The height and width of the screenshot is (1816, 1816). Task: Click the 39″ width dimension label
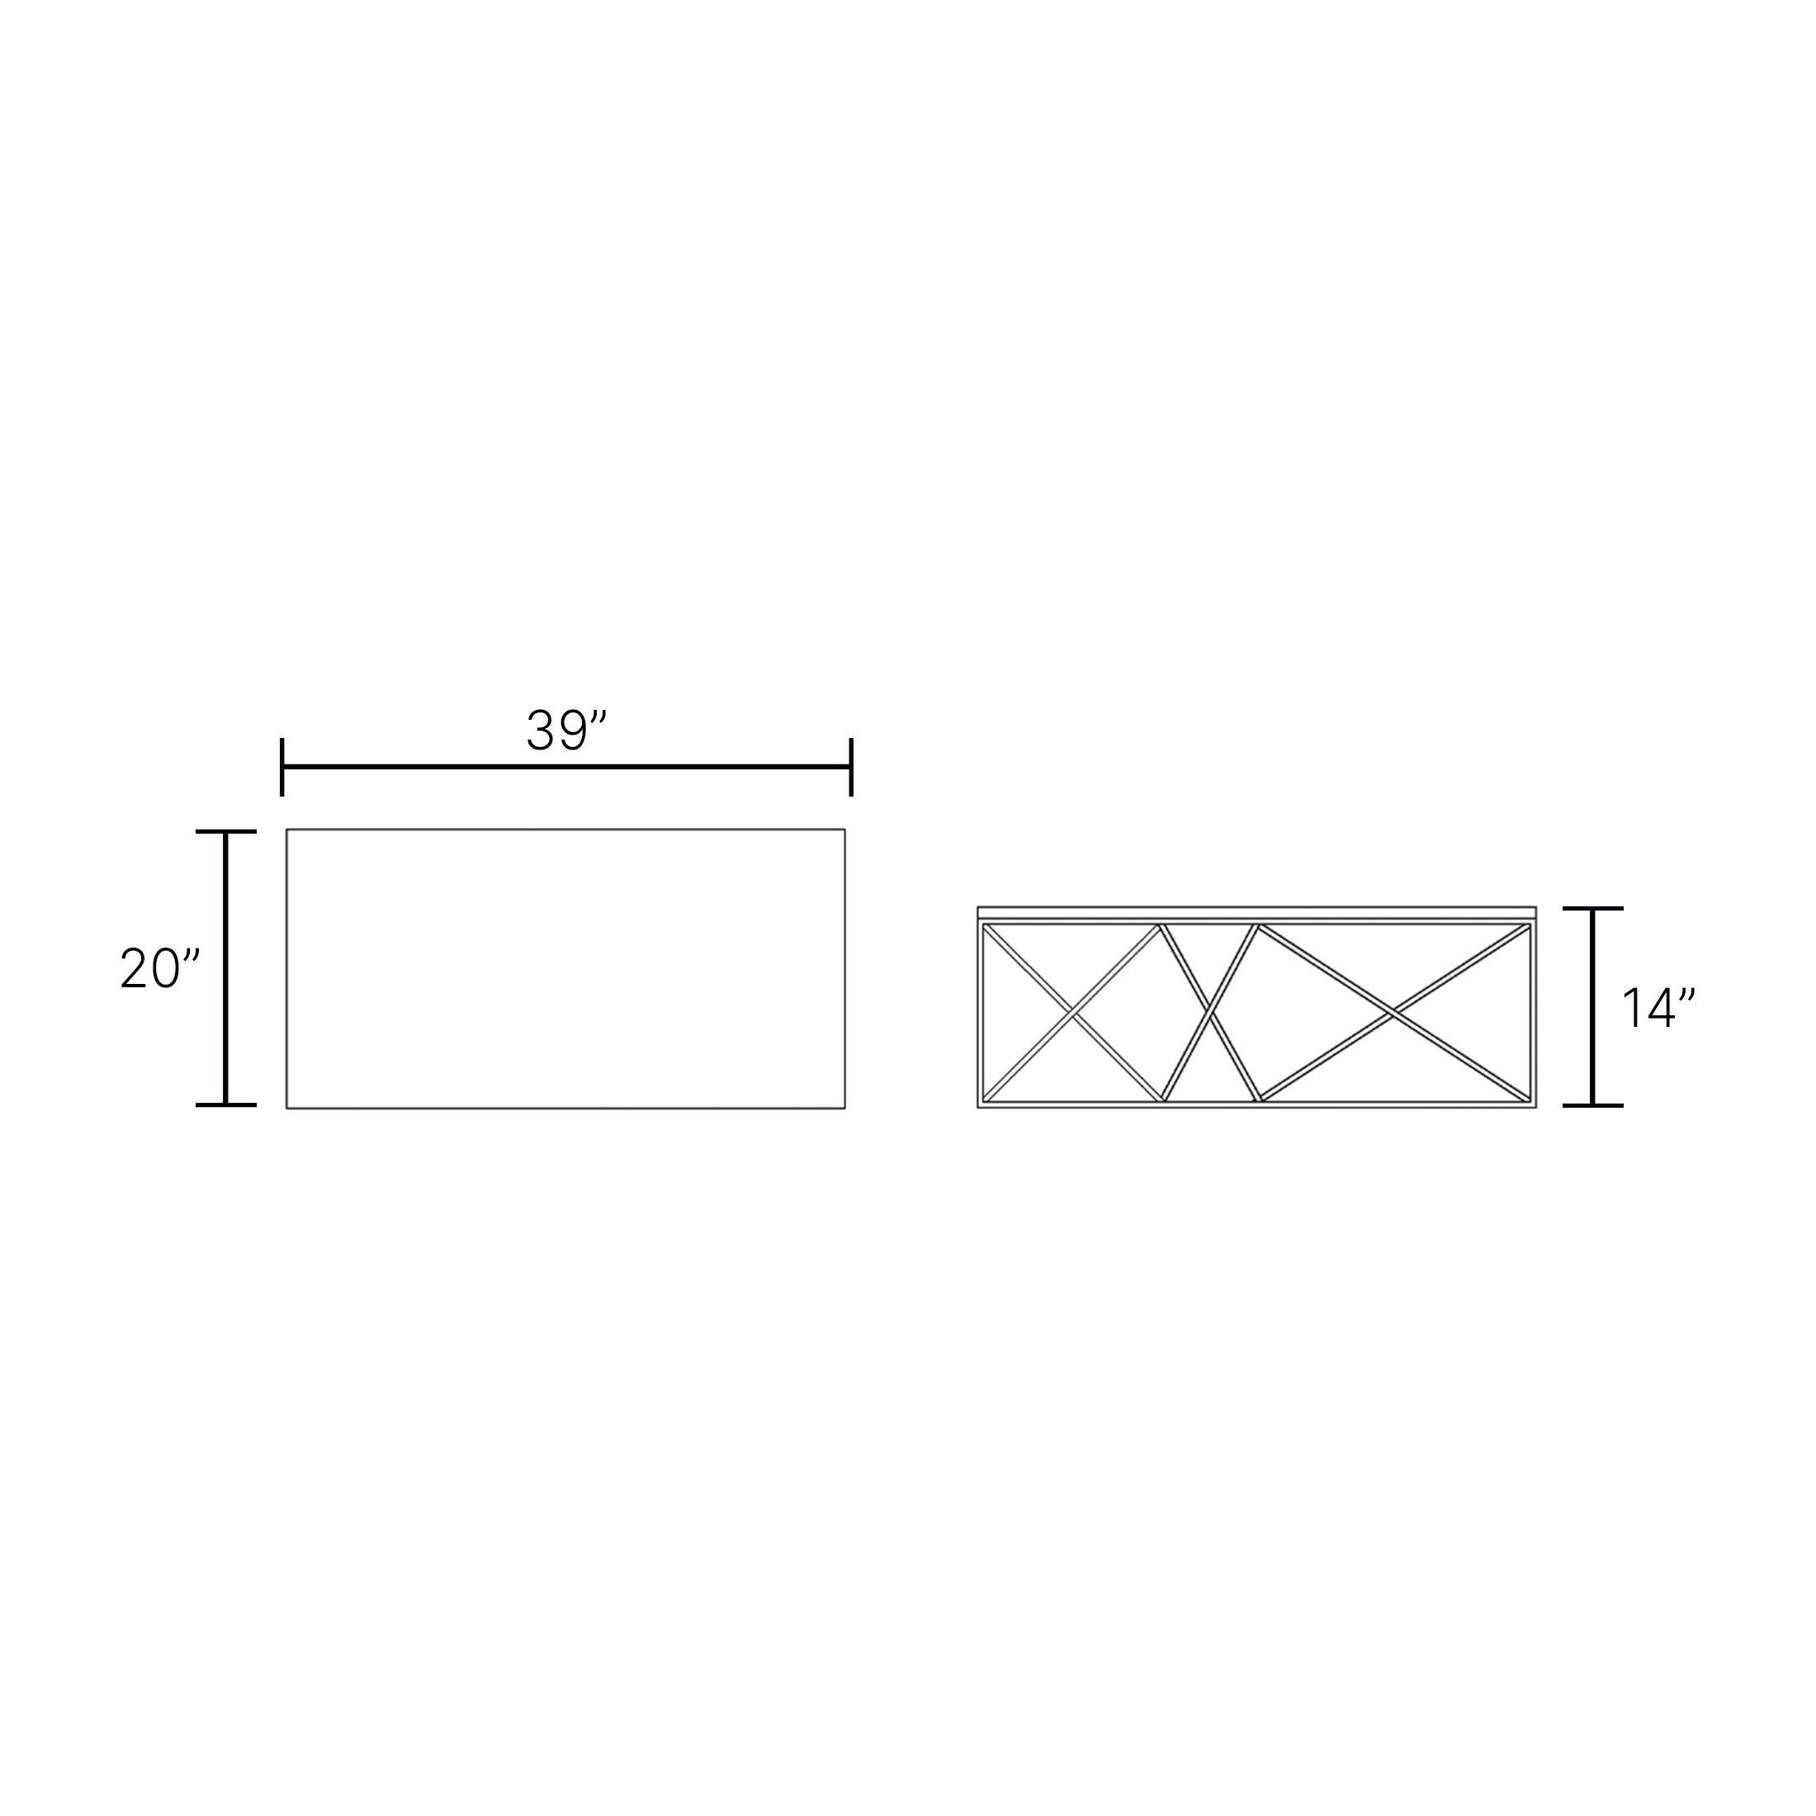(567, 731)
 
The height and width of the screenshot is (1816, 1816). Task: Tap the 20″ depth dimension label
(161, 967)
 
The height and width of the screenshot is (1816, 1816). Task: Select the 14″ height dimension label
(1659, 1007)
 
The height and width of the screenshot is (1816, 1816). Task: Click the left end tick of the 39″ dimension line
(282, 767)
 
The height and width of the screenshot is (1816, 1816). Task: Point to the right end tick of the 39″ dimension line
(851, 767)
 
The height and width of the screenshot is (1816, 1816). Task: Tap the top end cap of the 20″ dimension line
(225, 832)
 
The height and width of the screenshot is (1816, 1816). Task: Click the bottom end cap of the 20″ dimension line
(225, 1104)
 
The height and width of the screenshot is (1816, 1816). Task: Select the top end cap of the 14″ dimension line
(1593, 909)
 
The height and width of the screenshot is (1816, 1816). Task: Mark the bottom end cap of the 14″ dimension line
(1593, 1105)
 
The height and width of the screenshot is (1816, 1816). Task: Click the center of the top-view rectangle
(566, 968)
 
